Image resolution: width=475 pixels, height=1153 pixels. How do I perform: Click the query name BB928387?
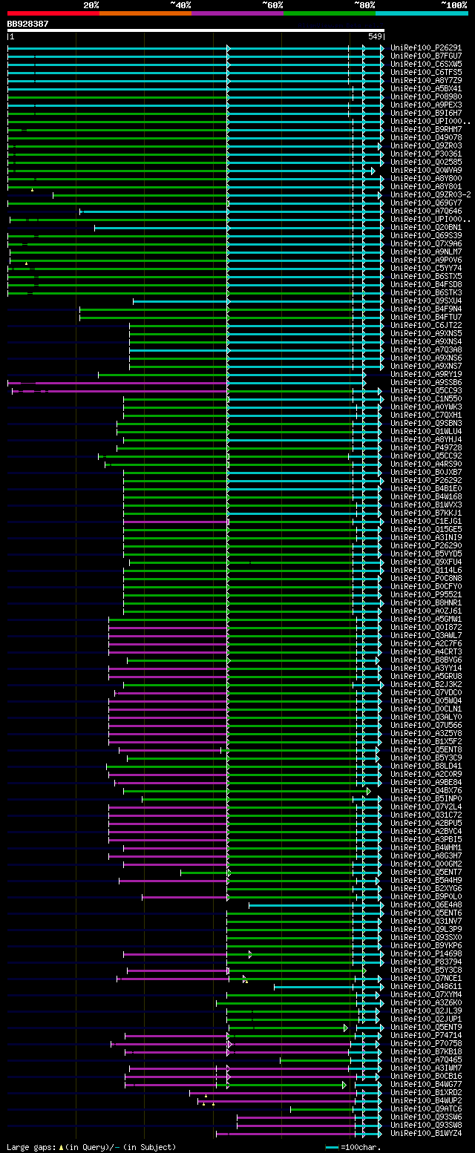pos(28,24)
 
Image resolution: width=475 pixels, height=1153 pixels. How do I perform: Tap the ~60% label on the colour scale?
pos(272,5)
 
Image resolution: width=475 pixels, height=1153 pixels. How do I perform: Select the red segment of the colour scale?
pos(53,13)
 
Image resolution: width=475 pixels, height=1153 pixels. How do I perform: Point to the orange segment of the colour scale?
pos(145,13)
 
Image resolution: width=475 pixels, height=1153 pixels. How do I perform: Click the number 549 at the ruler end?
pos(375,36)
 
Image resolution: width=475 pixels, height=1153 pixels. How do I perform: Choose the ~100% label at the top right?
pos(454,5)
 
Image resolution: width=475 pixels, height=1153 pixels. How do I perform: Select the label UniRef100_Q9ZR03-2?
pos(430,194)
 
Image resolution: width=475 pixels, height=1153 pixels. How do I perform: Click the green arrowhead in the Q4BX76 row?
pos(368,791)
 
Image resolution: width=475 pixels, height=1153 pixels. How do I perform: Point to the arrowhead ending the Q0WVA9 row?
pos(373,171)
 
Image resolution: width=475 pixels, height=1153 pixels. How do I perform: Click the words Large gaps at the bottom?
pos(30,1146)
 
